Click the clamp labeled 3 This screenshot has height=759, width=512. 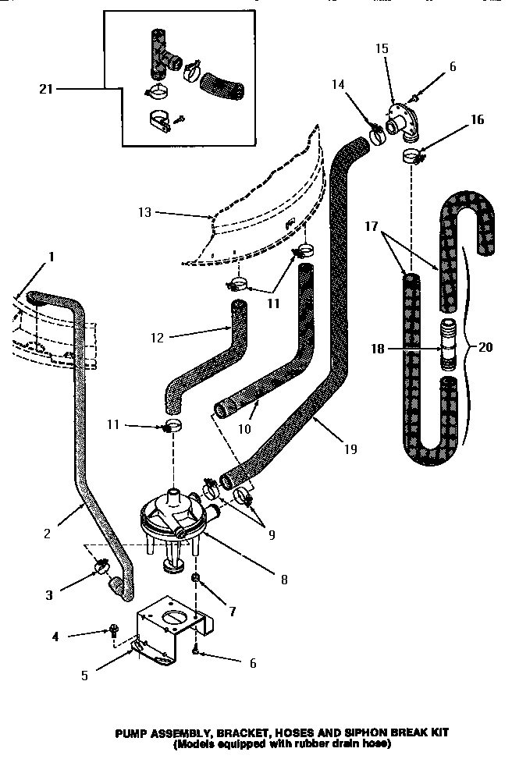pos(101,567)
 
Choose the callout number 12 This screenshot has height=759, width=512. pos(157,336)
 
